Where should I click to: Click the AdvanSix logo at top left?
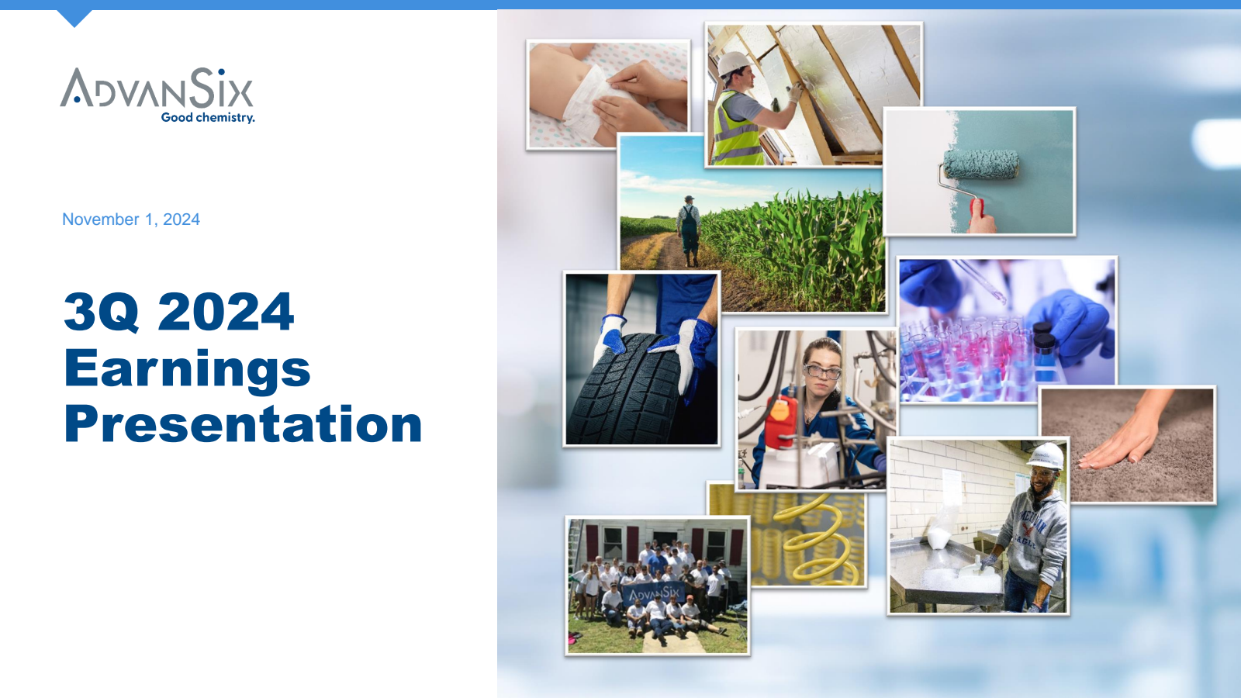tap(157, 95)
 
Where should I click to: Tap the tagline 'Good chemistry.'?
tap(208, 117)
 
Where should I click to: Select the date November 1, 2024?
tap(131, 219)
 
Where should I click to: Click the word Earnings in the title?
tap(187, 369)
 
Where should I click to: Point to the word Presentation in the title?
tap(244, 423)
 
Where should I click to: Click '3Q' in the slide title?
tap(102, 312)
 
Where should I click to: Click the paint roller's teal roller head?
tap(981, 164)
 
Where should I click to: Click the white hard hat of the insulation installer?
tap(733, 63)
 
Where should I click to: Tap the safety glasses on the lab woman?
tap(823, 371)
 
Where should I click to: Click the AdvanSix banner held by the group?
tap(654, 595)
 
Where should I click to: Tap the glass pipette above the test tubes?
tap(980, 282)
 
